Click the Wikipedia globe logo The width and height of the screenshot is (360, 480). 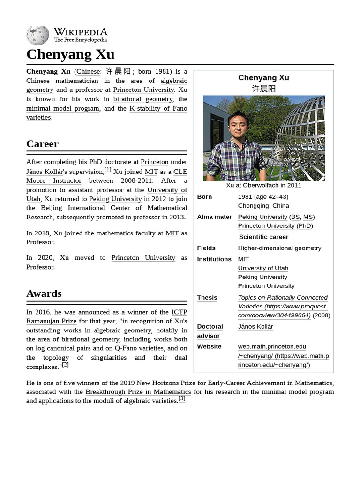tap(37, 35)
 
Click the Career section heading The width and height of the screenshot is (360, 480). tap(42, 144)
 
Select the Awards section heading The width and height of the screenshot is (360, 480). tap(44, 293)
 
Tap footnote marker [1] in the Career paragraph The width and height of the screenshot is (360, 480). tap(108, 170)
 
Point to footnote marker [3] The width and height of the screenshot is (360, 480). tap(182, 399)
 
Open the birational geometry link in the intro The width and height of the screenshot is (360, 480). tap(143, 99)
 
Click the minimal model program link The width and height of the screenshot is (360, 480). tap(63, 108)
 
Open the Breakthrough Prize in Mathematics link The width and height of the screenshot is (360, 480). tap(138, 392)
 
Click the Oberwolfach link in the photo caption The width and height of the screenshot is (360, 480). tap(261, 185)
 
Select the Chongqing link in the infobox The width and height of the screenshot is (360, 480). tap(253, 206)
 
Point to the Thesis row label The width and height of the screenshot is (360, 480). tap(207, 298)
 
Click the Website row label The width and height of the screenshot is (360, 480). tap(209, 346)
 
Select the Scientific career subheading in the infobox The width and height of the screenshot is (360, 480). tap(263, 237)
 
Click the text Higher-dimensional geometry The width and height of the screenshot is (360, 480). tap(279, 248)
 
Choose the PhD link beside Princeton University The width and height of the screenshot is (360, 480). tap(305, 226)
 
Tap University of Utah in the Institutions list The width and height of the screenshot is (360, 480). tap(263, 268)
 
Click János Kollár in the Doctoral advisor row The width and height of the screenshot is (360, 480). tap(255, 327)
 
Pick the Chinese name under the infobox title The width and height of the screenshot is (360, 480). tap(263, 89)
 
